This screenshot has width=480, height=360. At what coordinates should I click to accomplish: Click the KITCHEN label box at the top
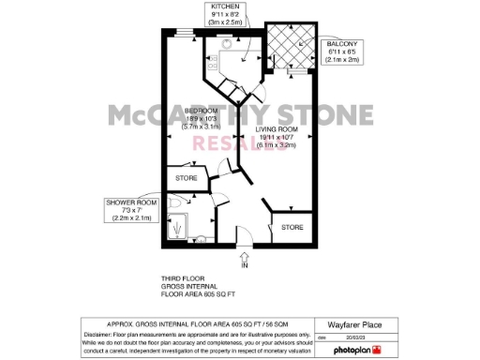(225, 14)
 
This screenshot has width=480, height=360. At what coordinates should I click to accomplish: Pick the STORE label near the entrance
(293, 227)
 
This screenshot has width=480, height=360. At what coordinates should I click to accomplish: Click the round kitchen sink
(229, 42)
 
